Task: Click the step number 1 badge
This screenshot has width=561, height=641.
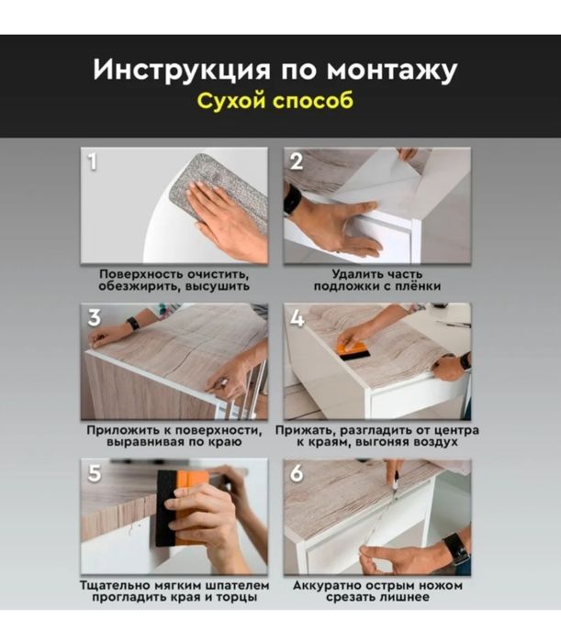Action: tap(92, 162)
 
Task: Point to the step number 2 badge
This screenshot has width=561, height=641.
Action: tap(296, 162)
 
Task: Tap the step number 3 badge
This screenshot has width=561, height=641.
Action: tap(95, 318)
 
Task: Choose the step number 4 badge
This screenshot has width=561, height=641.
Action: tap(297, 318)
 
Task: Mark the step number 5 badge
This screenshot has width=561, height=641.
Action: tap(94, 474)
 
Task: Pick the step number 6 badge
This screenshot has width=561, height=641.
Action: tap(297, 474)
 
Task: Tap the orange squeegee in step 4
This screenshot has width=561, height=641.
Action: tap(353, 348)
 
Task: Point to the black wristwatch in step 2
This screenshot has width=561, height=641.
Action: tap(291, 199)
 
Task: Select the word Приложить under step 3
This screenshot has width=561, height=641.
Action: tap(121, 430)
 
